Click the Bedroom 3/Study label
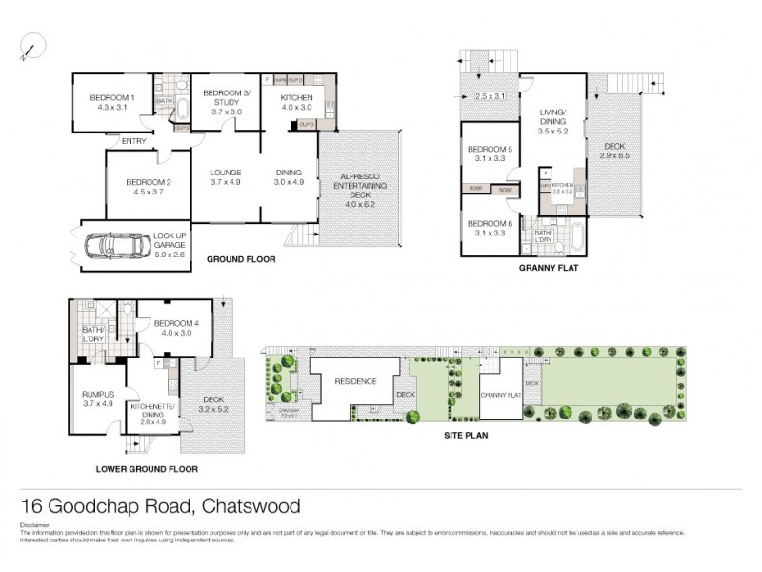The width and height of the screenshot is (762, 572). pos(225,98)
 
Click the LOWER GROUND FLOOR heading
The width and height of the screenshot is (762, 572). pos(147,469)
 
